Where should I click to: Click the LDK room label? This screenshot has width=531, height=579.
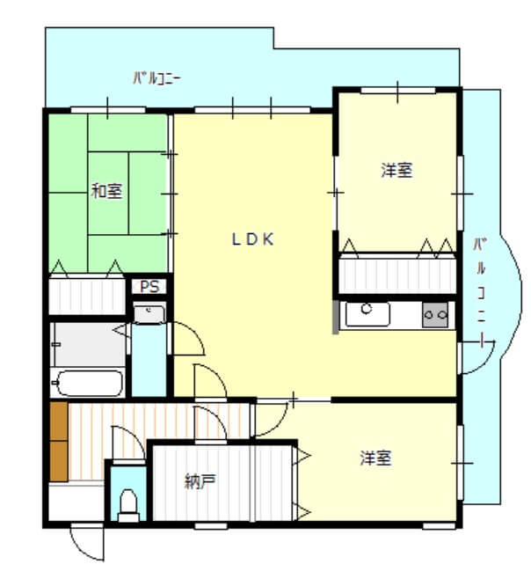[x=254, y=238]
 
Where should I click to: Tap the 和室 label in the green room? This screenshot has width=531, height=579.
[x=107, y=190]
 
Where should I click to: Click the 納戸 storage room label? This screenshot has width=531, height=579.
[x=200, y=481]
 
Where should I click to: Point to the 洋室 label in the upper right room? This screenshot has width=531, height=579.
[x=396, y=171]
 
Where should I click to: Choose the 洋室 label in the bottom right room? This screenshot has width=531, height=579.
[x=375, y=458]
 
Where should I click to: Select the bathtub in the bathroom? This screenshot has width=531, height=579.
[x=87, y=384]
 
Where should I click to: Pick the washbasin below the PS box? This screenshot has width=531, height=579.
[x=149, y=312]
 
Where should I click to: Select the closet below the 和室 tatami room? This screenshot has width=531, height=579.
[x=87, y=296]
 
